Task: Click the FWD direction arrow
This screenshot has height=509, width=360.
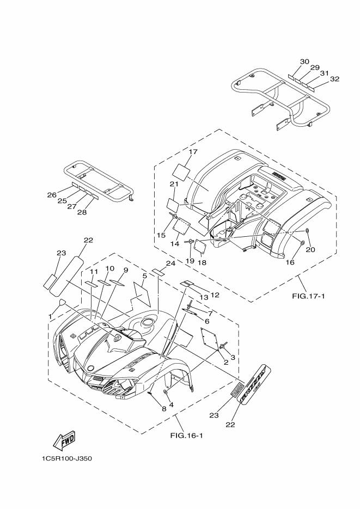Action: click(x=64, y=439)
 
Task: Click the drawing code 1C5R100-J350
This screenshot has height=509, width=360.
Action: click(x=66, y=458)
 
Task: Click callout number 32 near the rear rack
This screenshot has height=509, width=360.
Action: click(x=334, y=79)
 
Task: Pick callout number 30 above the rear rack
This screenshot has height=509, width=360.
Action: click(x=304, y=62)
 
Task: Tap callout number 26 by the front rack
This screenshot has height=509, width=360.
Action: click(x=52, y=194)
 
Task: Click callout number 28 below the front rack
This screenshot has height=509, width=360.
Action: click(x=82, y=212)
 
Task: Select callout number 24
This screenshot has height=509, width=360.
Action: click(x=170, y=263)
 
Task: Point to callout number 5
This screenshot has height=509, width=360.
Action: click(x=144, y=276)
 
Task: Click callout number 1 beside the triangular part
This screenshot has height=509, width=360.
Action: click(x=51, y=316)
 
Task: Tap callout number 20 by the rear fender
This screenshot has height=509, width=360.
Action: click(x=310, y=250)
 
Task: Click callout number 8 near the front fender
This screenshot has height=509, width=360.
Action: click(x=148, y=408)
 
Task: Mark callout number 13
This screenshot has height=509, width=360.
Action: click(x=204, y=297)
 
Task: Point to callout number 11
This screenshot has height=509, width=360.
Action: click(x=94, y=272)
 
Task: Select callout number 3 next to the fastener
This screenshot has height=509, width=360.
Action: click(x=233, y=357)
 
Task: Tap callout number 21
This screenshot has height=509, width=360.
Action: click(x=174, y=184)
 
